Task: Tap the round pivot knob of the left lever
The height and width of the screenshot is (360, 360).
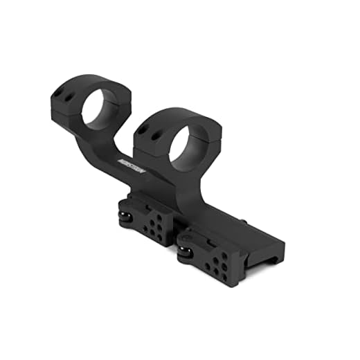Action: click(x=125, y=217)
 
